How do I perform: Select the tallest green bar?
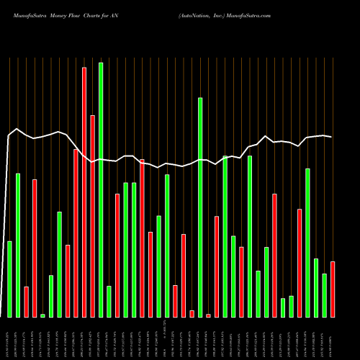[x=101, y=190]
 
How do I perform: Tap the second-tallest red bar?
[x=92, y=216]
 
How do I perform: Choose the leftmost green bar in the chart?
[x=9, y=279]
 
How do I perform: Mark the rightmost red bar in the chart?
[x=333, y=289]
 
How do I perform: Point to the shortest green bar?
[x=42, y=315]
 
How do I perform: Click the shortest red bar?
[x=208, y=315]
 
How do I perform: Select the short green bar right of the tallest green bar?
[x=109, y=302]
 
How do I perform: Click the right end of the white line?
[x=331, y=137]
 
